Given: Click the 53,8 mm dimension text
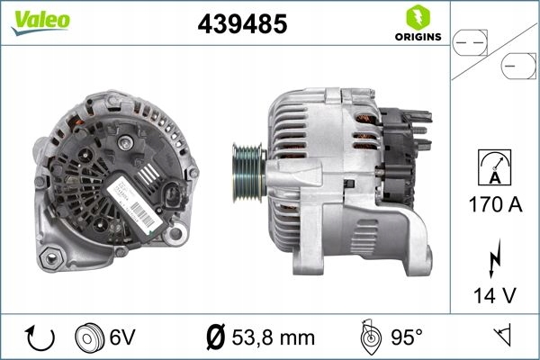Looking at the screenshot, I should [274, 338].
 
